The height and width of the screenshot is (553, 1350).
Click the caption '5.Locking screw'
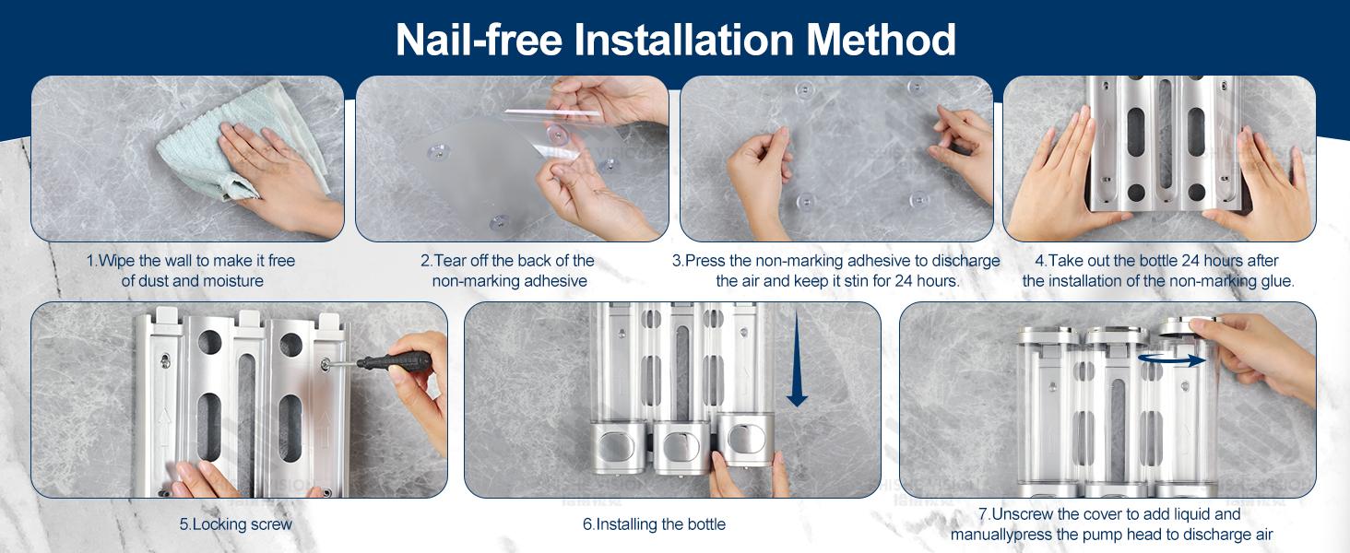[x=236, y=524]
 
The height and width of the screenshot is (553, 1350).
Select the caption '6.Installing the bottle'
[x=654, y=524]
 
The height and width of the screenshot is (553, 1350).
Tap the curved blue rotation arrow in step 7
[x=1171, y=360]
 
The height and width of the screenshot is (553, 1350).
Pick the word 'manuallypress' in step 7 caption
[x=1000, y=535]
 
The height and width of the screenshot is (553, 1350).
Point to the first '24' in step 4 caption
[x=1164, y=261]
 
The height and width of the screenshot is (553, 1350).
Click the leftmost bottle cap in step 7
[x=1048, y=334]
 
